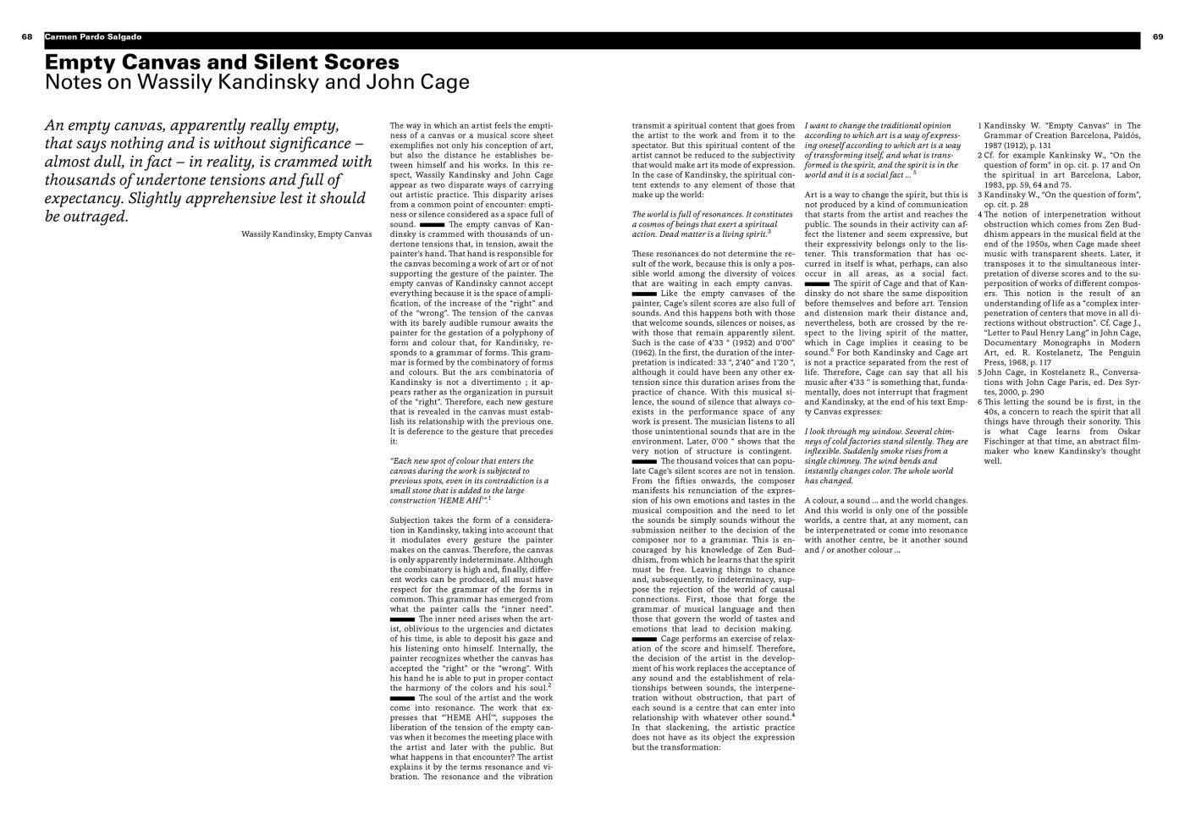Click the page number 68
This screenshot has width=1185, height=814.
(27, 37)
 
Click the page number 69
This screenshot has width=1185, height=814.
(1158, 37)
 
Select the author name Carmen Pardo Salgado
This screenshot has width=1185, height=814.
(93, 37)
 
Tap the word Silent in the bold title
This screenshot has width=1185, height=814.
(290, 63)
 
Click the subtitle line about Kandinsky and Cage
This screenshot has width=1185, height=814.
(256, 83)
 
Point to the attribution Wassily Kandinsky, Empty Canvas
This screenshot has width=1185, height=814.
(306, 234)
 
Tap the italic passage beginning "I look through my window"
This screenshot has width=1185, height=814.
(885, 456)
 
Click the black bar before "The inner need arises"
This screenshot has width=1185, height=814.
(402, 619)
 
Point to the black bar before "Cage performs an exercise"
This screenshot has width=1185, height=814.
(644, 639)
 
